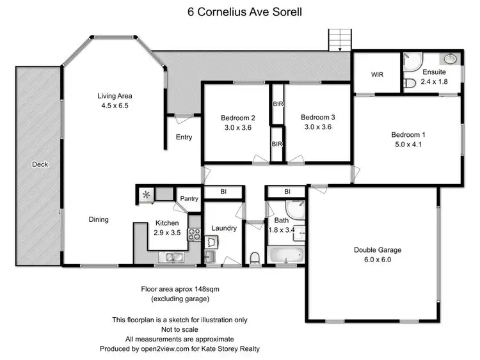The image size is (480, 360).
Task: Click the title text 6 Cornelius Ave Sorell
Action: [240, 11]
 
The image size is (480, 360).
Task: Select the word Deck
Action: [40, 164]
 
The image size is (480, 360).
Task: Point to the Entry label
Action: [184, 137]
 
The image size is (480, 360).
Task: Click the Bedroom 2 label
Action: [238, 118]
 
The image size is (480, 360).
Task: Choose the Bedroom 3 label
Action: [318, 117]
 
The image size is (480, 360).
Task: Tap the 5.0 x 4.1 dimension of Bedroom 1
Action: [408, 145]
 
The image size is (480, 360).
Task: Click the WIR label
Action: [377, 74]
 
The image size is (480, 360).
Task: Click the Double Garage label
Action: [377, 250]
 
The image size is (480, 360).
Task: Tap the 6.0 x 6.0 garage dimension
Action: [377, 260]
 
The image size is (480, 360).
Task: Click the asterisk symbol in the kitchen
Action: [147, 194]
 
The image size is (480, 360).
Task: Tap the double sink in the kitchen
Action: [173, 258]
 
